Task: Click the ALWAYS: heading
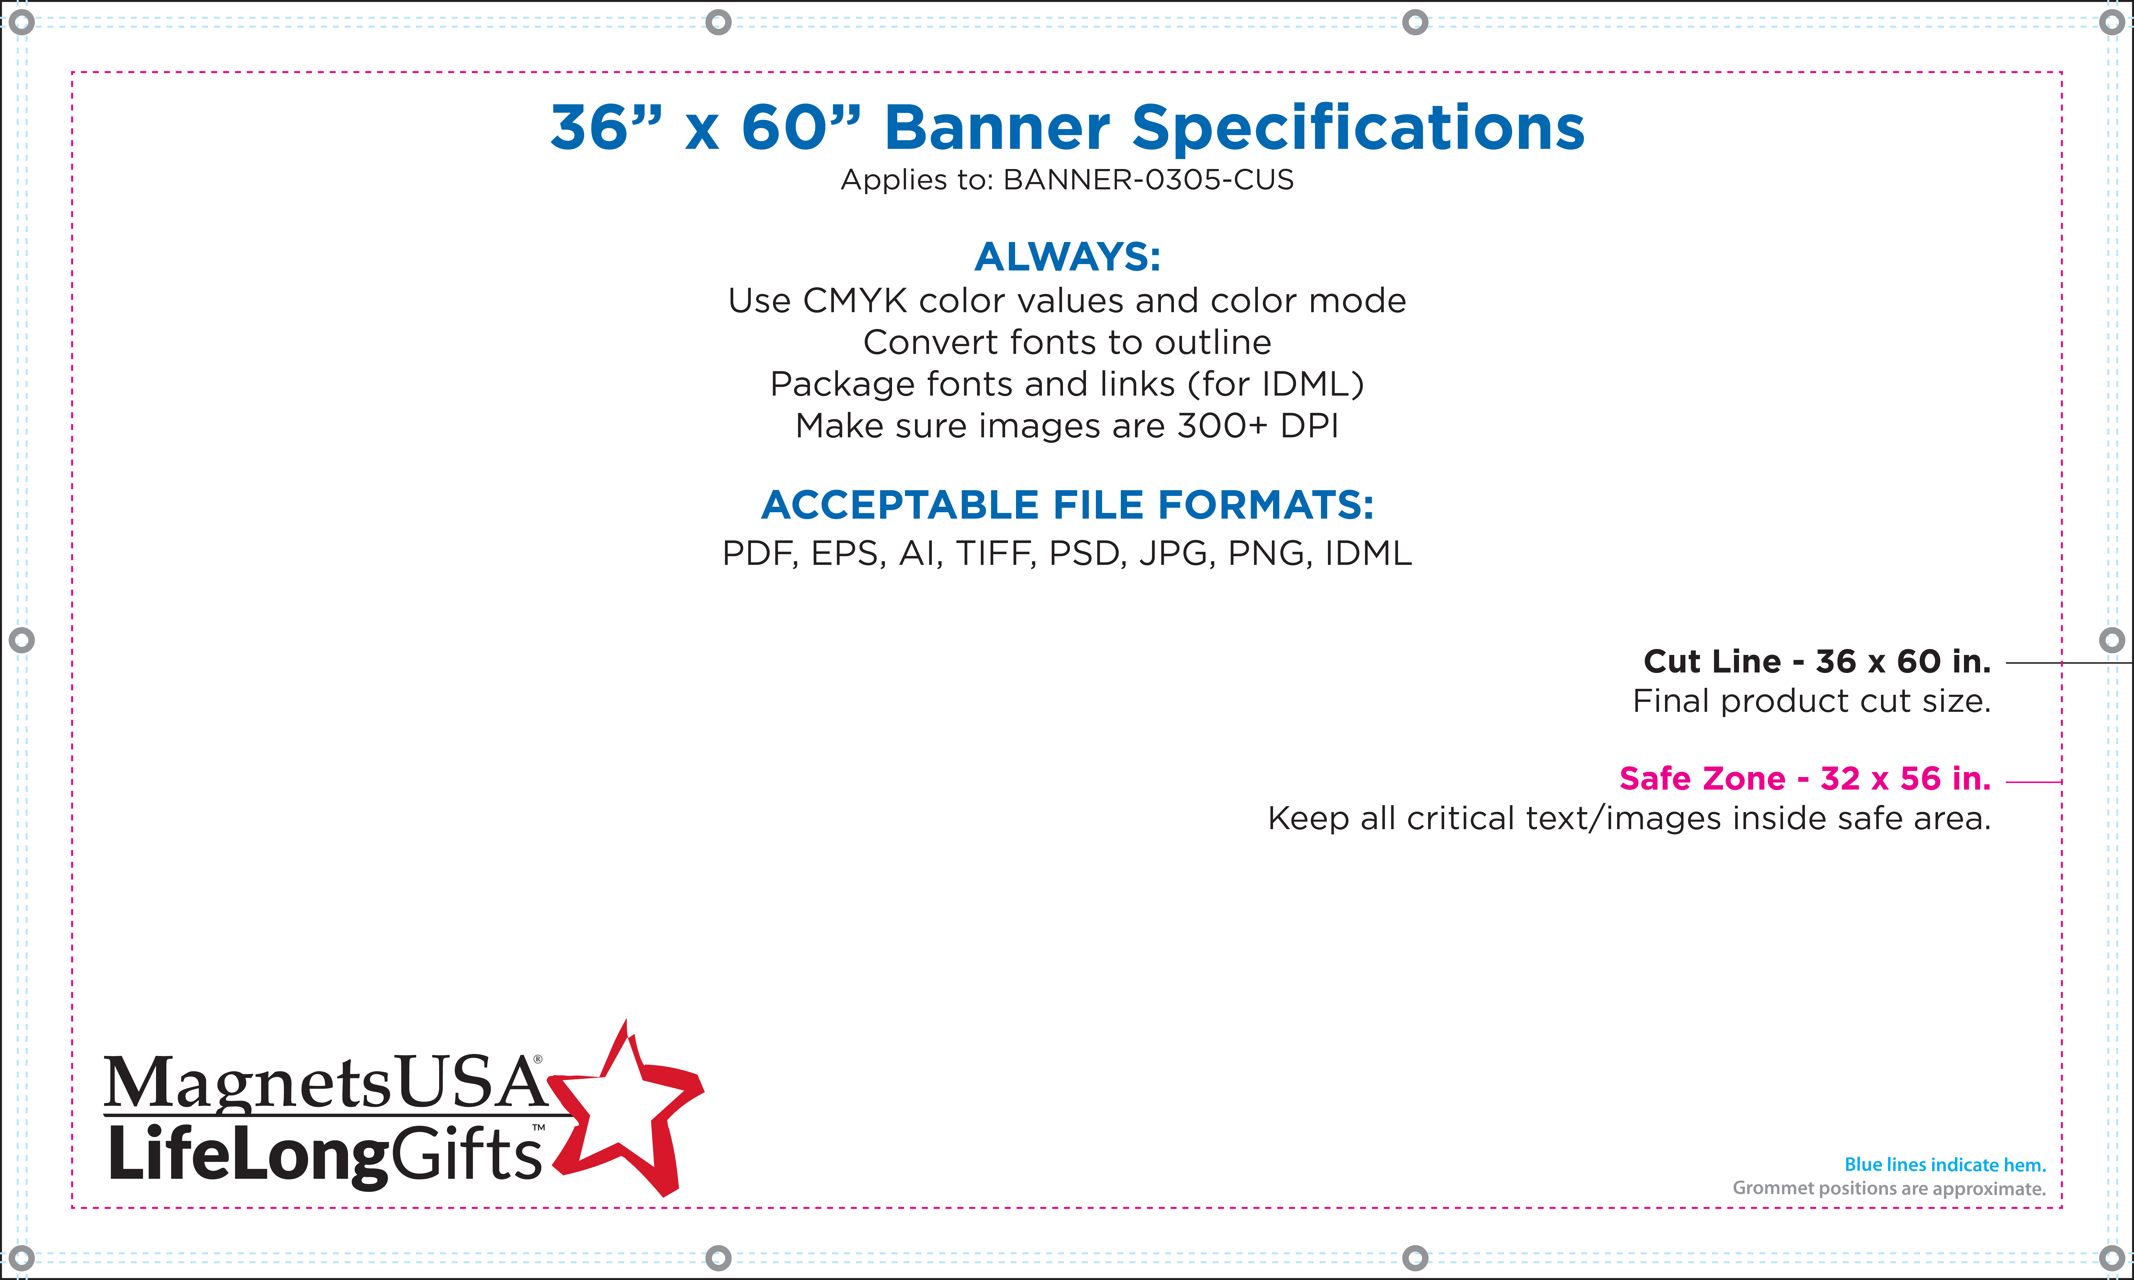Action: (1067, 256)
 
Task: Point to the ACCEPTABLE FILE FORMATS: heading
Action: (1067, 505)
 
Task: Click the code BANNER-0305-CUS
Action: (1148, 179)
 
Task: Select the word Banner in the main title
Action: (997, 128)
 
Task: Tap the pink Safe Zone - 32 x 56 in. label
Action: (1805, 778)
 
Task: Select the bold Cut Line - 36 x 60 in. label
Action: (1817, 662)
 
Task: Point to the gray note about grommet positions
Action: (1889, 1189)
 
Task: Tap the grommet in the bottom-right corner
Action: (2111, 1257)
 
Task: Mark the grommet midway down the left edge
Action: (22, 640)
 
